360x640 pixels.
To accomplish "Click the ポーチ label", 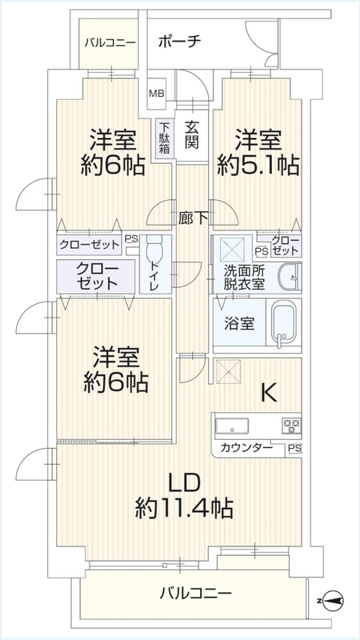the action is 178,42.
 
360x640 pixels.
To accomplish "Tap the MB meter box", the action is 156,94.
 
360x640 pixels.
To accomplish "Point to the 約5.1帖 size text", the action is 258,166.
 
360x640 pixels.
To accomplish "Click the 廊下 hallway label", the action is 193,219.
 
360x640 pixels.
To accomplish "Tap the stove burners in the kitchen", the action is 292,426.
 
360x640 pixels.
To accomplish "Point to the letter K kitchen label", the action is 269,394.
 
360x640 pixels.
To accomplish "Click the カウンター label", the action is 246,448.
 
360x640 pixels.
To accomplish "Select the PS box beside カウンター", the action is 294,450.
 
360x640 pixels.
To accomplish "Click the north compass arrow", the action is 330,599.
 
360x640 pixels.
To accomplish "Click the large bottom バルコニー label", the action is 196,591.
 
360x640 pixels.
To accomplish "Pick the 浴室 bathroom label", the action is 239,324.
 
